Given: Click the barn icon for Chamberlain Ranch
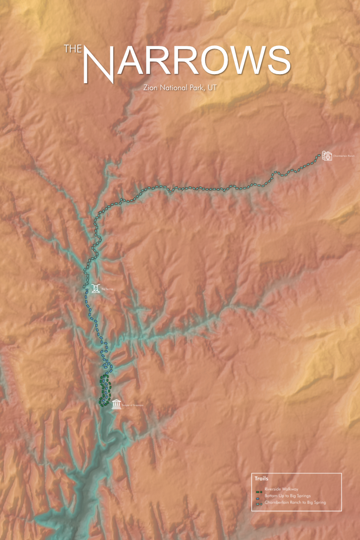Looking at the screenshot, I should (327, 156).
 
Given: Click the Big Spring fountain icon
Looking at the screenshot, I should (95, 288).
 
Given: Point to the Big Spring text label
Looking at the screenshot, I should (107, 289).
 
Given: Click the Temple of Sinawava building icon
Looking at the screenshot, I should (116, 404).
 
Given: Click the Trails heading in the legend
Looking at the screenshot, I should (261, 478).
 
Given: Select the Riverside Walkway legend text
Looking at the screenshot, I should (282, 489).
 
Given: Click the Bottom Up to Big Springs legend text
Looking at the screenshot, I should (288, 495).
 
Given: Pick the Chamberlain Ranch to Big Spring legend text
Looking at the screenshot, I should (295, 502).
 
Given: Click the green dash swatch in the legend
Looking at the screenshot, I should (259, 490).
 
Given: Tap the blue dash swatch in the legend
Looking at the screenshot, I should (259, 497).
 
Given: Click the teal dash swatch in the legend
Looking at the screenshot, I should (259, 503).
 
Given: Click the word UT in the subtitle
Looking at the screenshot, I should (212, 87).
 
